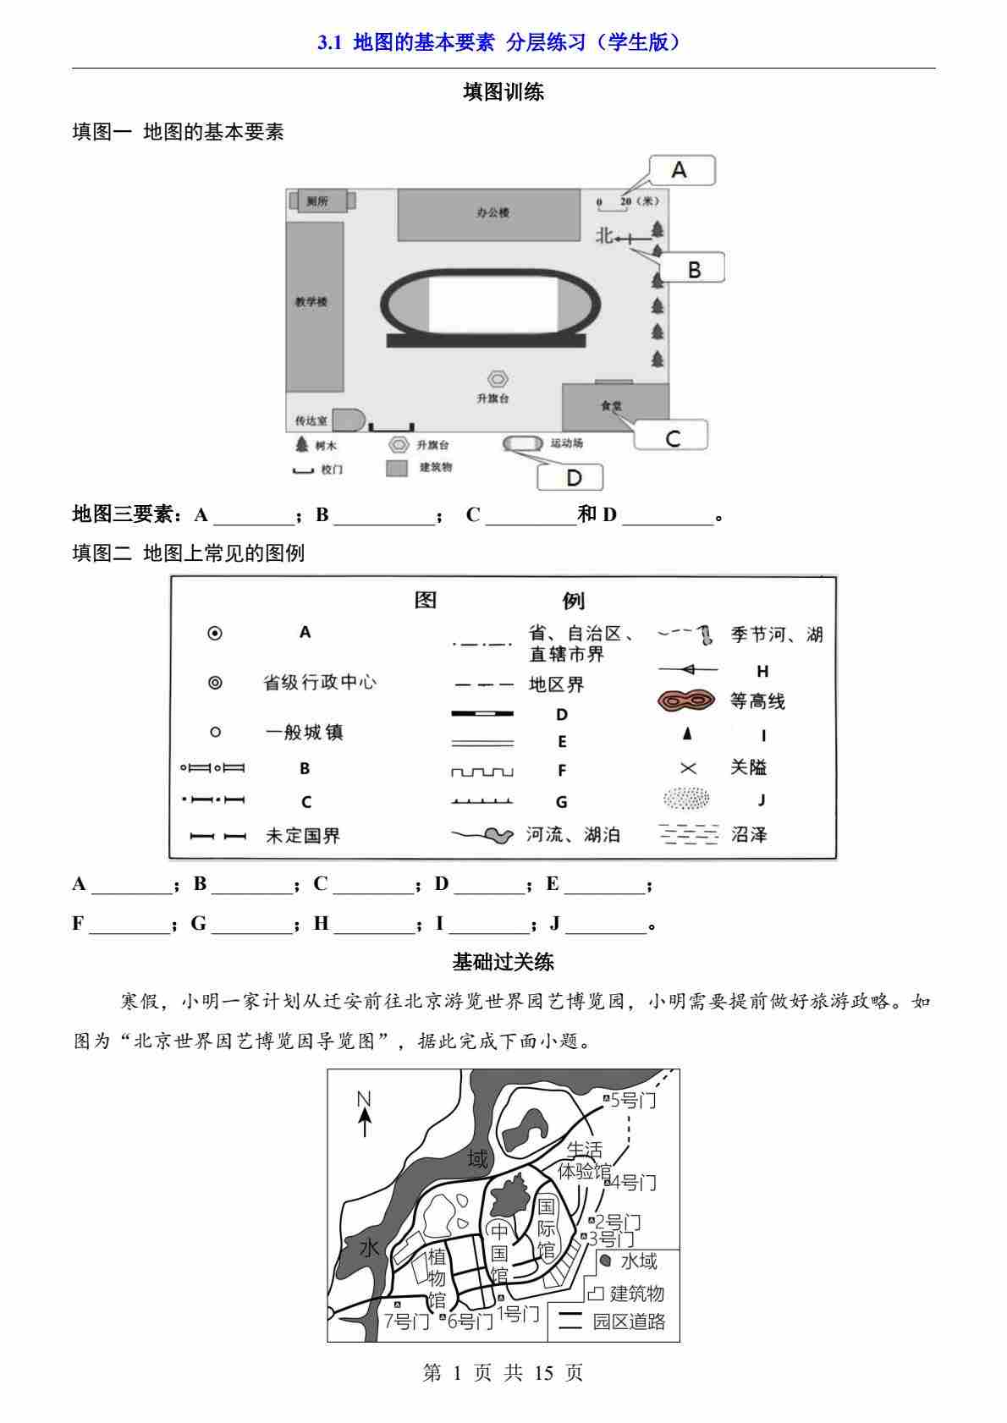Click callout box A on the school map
[x=681, y=170]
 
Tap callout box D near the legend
[x=572, y=477]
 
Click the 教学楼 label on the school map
[x=311, y=302]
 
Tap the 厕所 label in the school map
[x=318, y=201]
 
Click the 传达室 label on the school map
[x=311, y=420]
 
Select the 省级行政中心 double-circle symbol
[x=215, y=682]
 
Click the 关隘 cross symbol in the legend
[x=688, y=767]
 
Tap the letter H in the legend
[x=762, y=672]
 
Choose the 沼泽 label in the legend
[x=749, y=835]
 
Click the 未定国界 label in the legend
[x=302, y=836]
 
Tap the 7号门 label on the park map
[x=406, y=1321]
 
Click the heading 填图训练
[x=503, y=92]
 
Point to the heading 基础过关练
[x=503, y=962]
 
